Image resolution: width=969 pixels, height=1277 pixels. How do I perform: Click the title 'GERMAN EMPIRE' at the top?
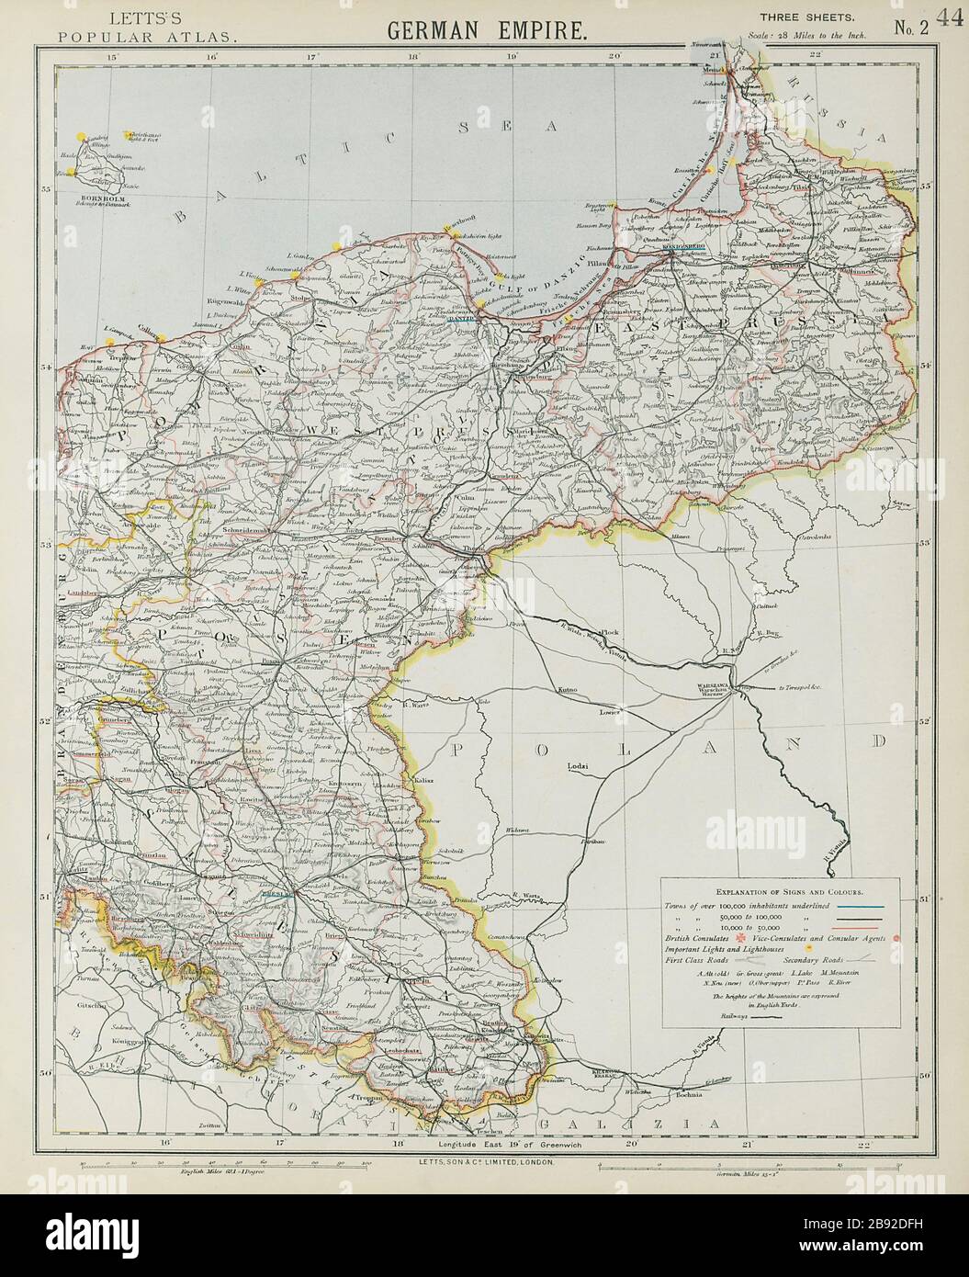486,28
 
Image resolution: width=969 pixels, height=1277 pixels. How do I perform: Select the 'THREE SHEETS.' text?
795,17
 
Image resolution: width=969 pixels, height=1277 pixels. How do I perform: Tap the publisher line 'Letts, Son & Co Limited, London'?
487,1161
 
